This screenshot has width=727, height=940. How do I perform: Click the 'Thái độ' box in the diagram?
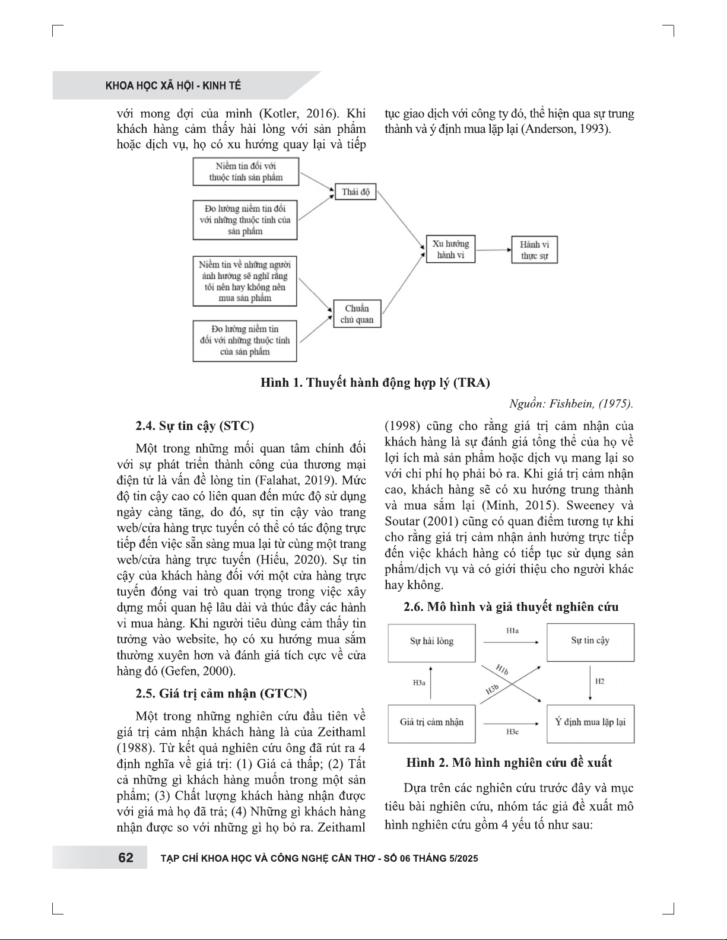[355, 192]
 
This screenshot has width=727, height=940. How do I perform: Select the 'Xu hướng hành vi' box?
[450, 249]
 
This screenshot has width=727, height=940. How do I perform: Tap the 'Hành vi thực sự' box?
[535, 250]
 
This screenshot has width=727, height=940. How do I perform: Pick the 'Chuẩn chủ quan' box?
[357, 314]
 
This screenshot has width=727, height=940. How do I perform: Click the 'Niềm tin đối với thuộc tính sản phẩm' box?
[246, 171]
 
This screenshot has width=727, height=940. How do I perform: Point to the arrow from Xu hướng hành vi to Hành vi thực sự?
[493, 250]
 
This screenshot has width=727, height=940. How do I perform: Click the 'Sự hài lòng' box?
[431, 642]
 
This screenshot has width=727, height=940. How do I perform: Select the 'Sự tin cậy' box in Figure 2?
[590, 641]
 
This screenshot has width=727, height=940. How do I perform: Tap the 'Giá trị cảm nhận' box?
[431, 722]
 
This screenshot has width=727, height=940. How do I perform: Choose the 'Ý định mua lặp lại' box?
[590, 722]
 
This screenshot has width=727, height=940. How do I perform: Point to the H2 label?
[599, 681]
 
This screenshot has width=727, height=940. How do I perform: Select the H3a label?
[419, 683]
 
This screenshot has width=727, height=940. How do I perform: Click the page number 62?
[126, 858]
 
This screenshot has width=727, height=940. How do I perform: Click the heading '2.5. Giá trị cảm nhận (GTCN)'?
[221, 693]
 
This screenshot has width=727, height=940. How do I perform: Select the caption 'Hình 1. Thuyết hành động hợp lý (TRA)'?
[375, 383]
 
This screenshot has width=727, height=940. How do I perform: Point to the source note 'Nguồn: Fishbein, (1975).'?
[571, 404]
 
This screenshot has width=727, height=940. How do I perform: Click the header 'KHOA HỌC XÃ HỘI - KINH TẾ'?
[173, 86]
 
